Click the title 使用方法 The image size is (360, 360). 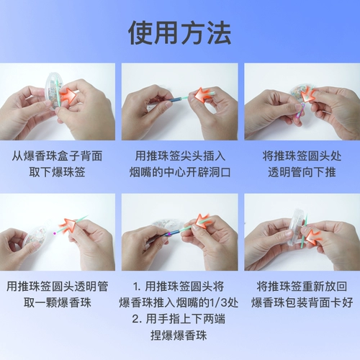pyautogui.click(x=179, y=33)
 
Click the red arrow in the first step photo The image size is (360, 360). pyautogui.click(x=68, y=94)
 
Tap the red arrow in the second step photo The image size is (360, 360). pyautogui.click(x=203, y=95)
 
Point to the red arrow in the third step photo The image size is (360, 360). pyautogui.click(x=308, y=95)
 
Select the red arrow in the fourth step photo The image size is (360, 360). pyautogui.click(x=68, y=225)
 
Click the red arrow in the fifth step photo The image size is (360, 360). pyautogui.click(x=202, y=221)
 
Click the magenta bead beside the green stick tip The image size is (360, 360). pyautogui.click(x=55, y=233)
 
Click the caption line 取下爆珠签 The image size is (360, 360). pyautogui.click(x=57, y=172)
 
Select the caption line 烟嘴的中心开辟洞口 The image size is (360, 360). pyautogui.click(x=180, y=172)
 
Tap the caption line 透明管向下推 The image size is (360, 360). pyautogui.click(x=302, y=172)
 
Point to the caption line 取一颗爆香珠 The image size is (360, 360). pyautogui.click(x=57, y=302)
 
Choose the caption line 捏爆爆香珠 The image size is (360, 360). pyautogui.click(x=179, y=336)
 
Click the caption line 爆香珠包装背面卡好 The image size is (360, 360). pyautogui.click(x=302, y=302)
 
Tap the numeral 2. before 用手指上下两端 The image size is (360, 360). pyautogui.click(x=138, y=319)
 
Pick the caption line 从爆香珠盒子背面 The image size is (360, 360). pyautogui.click(x=57, y=156)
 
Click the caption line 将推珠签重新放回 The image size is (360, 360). pyautogui.click(x=302, y=287)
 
